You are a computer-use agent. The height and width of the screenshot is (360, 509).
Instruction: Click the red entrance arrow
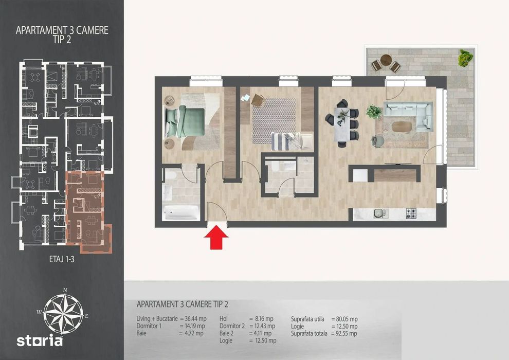[x=216, y=238]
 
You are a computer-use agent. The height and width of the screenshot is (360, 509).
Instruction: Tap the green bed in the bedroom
[x=185, y=122]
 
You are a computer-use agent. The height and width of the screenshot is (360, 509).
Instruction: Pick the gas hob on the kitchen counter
[x=411, y=213]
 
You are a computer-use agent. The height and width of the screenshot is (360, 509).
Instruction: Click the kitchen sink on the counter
[x=380, y=213]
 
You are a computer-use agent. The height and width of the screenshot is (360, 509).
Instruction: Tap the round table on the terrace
[x=386, y=60]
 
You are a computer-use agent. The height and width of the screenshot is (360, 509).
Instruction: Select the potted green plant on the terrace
[x=465, y=58]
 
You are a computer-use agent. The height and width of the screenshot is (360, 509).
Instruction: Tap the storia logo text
[x=40, y=341]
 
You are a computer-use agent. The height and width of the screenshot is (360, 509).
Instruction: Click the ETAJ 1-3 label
[x=62, y=259]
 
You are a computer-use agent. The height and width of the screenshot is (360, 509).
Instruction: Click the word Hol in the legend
[x=224, y=319]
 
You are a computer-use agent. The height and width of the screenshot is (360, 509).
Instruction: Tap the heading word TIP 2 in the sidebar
[x=62, y=40]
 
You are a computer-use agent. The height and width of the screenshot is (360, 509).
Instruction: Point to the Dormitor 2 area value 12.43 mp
[x=265, y=326]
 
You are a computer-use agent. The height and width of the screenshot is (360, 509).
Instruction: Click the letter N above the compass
[x=65, y=290]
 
